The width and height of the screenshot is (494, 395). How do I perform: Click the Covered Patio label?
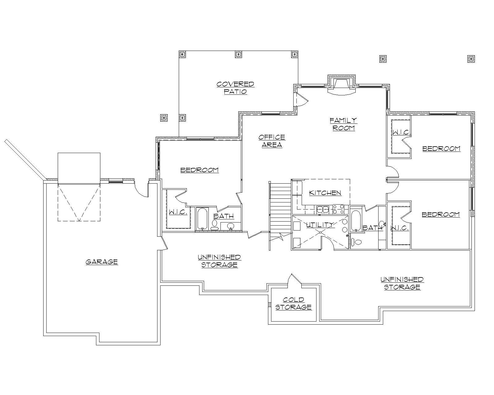[235, 88]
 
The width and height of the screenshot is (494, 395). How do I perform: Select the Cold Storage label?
[293, 303]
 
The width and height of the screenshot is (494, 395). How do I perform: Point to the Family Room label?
[343, 124]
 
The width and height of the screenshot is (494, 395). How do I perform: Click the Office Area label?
[272, 141]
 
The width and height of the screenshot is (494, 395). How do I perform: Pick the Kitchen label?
[325, 193]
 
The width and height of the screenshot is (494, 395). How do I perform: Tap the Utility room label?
[320, 225]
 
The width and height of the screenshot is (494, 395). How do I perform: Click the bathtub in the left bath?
[202, 219]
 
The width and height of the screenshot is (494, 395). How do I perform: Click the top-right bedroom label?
[441, 149]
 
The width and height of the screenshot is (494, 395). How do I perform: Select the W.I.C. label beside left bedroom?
[178, 213]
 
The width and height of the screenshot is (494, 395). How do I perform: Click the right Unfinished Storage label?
[402, 283]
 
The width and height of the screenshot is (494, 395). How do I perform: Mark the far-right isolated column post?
[471, 58]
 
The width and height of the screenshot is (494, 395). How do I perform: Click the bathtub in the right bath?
[355, 221]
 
